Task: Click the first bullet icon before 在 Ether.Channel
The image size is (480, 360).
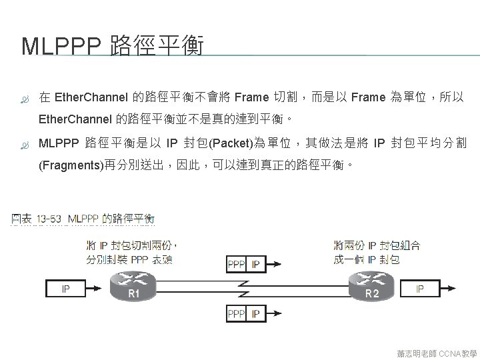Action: (26, 99)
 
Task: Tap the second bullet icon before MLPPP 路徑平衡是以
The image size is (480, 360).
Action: (26, 143)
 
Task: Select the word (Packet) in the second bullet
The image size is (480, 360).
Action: (229, 143)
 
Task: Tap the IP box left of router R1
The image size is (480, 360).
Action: (65, 289)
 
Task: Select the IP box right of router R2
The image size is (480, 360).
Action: (420, 289)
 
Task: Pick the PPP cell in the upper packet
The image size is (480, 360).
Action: (237, 265)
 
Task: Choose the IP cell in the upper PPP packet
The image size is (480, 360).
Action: (255, 265)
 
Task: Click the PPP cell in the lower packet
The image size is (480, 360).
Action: (237, 313)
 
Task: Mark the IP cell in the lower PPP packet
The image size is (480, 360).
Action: (255, 313)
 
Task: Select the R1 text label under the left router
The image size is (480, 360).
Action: (133, 293)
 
